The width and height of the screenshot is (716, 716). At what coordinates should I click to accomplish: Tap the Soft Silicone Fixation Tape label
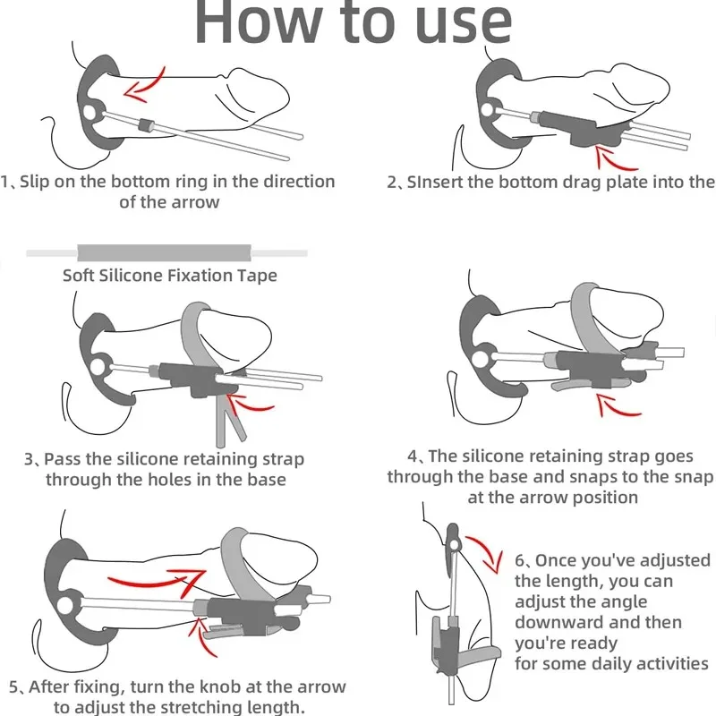(x=169, y=276)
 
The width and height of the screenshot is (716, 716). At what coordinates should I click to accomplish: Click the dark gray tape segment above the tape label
(x=166, y=253)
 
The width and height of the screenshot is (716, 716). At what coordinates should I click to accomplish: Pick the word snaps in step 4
(x=634, y=477)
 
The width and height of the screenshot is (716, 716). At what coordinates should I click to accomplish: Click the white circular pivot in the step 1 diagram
(x=92, y=113)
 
